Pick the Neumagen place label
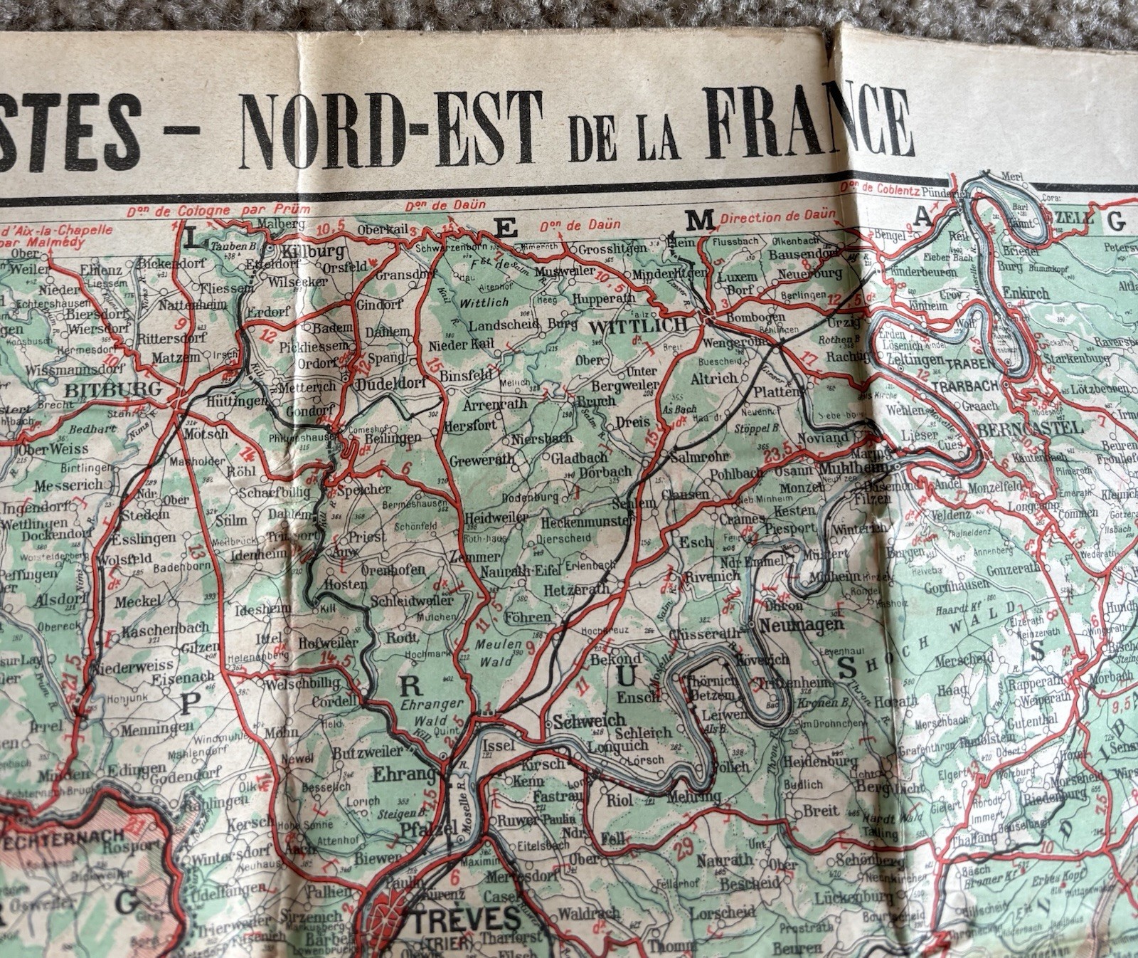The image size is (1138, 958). (x=802, y=626)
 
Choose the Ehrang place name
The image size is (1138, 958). (x=404, y=774)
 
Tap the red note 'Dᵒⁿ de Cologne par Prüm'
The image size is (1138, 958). (x=219, y=211)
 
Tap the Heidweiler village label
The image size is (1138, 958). (x=496, y=519)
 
